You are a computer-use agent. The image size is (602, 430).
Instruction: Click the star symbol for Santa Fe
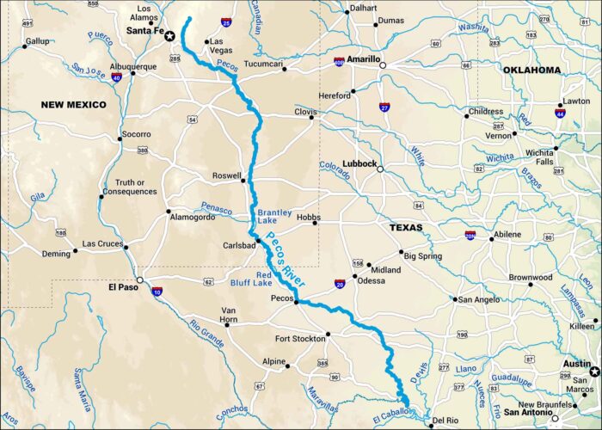170,35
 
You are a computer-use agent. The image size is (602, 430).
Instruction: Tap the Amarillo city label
362,59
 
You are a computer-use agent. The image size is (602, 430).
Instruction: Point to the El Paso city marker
140,279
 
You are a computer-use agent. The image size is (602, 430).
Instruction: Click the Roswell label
226,176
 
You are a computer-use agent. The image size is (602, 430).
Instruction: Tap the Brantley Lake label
275,217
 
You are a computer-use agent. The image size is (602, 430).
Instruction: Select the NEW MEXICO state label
73,104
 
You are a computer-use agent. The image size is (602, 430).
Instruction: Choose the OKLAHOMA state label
531,70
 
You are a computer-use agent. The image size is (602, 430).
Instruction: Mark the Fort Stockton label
300,338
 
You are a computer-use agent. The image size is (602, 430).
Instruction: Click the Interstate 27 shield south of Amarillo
384,107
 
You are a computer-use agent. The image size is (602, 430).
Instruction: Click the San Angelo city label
477,299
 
